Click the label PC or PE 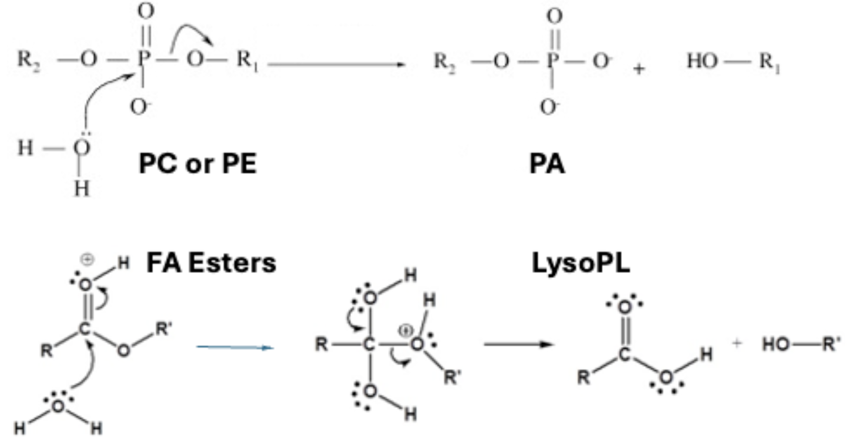[x=197, y=164]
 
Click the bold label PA [x=547, y=164]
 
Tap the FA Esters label [x=211, y=263]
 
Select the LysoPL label [x=580, y=263]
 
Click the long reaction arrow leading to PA [x=336, y=65]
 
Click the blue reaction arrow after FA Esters [x=235, y=348]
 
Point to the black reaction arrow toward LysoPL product [x=518, y=344]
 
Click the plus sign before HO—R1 [x=639, y=68]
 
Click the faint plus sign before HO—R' [x=737, y=344]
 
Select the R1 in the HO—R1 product [x=769, y=62]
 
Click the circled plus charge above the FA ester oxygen [x=88, y=260]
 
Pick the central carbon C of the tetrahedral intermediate [x=370, y=345]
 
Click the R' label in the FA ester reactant [x=163, y=329]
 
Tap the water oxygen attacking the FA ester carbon [x=59, y=406]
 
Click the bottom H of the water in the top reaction [x=81, y=189]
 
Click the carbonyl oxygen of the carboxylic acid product [x=625, y=307]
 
